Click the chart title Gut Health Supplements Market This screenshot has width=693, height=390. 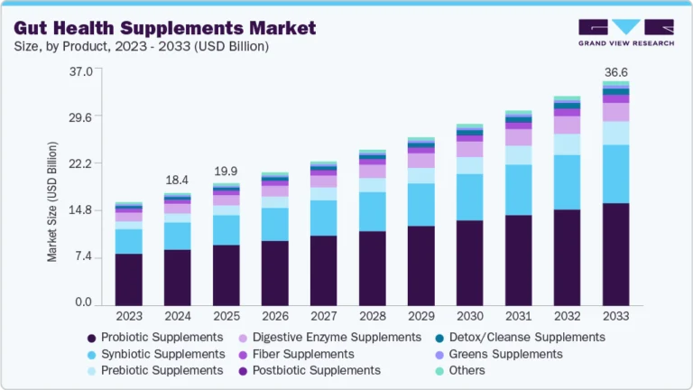click(165, 27)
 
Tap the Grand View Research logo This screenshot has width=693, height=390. click(626, 32)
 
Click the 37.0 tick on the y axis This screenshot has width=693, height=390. click(80, 70)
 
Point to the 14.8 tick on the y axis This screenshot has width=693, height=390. click(80, 210)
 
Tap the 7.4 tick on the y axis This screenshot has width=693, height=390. click(83, 257)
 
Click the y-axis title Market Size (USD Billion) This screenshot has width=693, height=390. click(52, 201)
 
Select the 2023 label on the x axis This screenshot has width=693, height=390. click(128, 316)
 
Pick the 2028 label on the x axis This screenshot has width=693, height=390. click(372, 316)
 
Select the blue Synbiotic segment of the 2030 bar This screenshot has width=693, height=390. click(469, 197)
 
